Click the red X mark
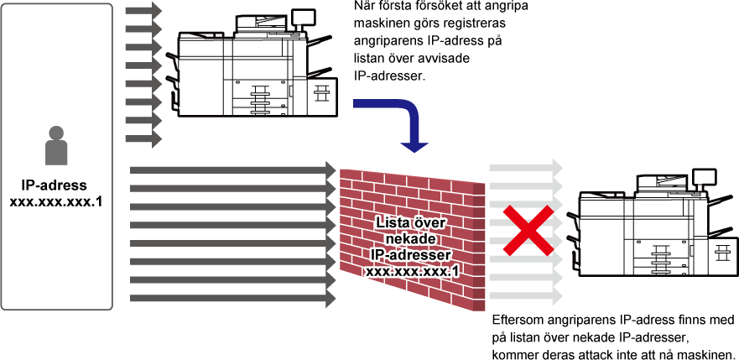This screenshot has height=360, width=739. (x=528, y=230)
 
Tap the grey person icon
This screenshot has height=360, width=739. (x=56, y=146)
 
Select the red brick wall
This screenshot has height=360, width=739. (x=413, y=240)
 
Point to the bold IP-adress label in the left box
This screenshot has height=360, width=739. (x=56, y=185)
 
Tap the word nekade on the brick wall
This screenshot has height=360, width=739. (x=413, y=239)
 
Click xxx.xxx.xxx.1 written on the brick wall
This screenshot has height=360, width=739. (x=413, y=272)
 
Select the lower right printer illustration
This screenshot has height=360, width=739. (x=653, y=224)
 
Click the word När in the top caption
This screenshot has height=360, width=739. (x=364, y=8)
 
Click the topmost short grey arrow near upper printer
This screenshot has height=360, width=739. (x=143, y=9)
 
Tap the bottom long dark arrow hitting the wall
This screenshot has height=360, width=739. (x=233, y=298)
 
